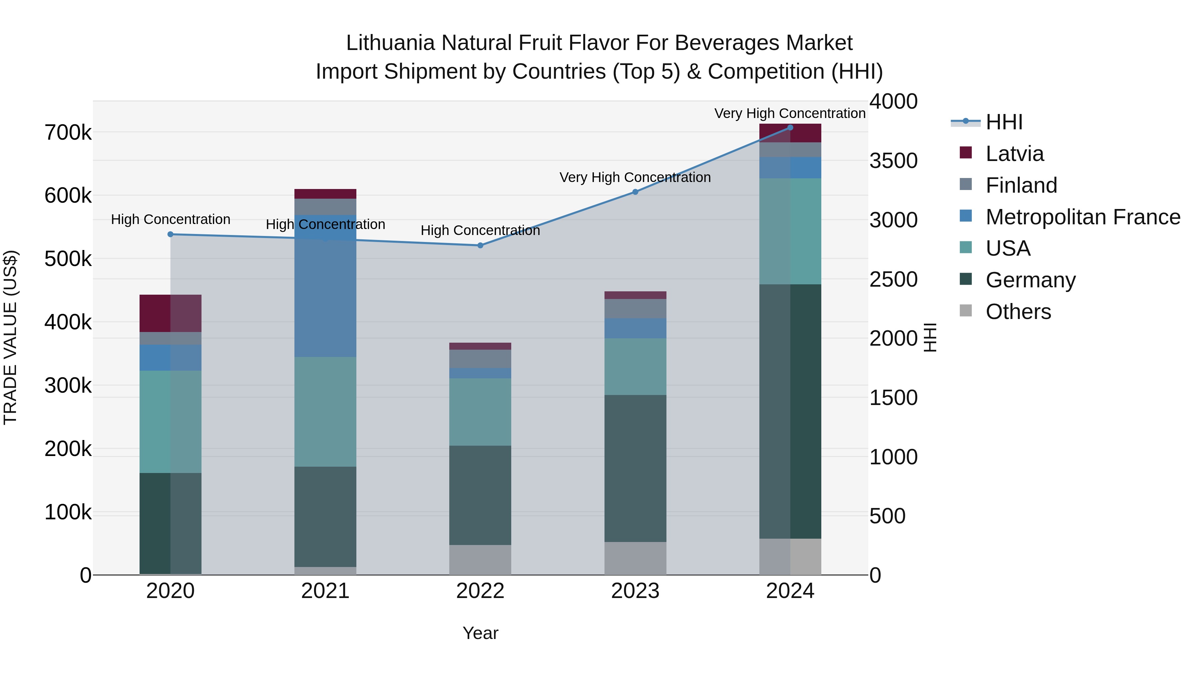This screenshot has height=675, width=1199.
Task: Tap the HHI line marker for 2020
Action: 170,234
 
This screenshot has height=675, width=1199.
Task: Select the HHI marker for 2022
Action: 480,245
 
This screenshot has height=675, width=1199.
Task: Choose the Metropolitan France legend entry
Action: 1082,217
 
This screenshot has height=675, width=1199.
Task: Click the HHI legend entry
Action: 1003,122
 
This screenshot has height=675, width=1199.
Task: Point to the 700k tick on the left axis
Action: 68,133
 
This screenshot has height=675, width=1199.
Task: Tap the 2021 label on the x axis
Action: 325,591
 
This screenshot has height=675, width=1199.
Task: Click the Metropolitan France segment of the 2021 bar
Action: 325,286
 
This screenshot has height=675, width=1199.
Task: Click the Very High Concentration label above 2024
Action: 790,113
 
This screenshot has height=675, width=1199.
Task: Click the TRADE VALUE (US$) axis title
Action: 10,337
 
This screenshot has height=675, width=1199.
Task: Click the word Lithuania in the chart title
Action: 390,43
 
